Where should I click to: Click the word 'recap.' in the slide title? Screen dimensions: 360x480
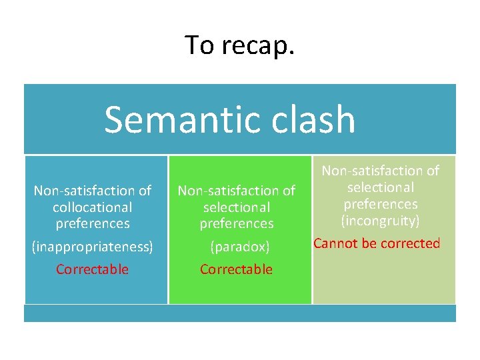point(260,46)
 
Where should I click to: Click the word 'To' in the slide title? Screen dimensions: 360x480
point(199,45)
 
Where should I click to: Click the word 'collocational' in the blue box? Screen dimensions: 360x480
point(93,207)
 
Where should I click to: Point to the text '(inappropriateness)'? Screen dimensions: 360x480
point(93,247)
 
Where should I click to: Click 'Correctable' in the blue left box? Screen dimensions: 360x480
point(93,269)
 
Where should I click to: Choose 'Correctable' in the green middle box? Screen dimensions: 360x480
point(237,269)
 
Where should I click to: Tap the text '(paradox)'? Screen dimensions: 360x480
point(239,247)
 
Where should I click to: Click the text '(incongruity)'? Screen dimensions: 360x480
point(381,221)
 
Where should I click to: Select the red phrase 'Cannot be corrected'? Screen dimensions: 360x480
point(377,243)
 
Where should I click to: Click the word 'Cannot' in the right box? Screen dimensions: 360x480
point(334,243)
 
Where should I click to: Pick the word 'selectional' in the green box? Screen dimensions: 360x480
point(237,207)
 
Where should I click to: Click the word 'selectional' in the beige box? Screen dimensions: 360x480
point(381,187)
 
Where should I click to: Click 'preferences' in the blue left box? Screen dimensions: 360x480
point(93,223)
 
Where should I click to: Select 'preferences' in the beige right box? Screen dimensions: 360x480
point(381,204)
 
